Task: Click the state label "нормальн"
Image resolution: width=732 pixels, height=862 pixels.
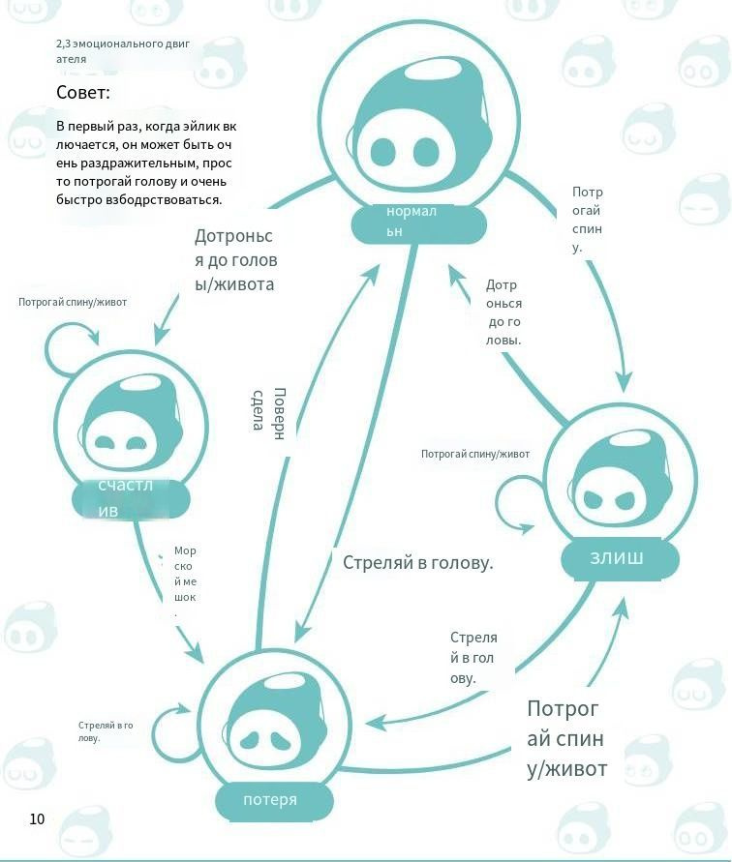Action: coord(417,223)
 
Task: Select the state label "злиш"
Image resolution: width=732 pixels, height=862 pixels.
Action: coord(616,558)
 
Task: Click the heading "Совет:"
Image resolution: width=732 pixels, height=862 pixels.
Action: coord(83,94)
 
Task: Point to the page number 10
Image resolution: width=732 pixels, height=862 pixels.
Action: coord(37,818)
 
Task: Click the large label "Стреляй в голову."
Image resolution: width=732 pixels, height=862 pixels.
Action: coord(418,562)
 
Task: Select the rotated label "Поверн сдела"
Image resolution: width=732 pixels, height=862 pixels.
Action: coord(267,410)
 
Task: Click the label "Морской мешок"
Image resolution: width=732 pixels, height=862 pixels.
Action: coord(183,581)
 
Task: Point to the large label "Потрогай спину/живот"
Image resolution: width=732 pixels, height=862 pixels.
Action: coord(566,738)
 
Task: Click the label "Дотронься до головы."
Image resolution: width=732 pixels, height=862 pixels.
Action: coord(503,312)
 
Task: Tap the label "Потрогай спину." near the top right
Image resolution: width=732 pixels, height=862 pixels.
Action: coord(588,220)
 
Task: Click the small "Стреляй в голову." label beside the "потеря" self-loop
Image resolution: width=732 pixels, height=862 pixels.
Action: coord(105,730)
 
